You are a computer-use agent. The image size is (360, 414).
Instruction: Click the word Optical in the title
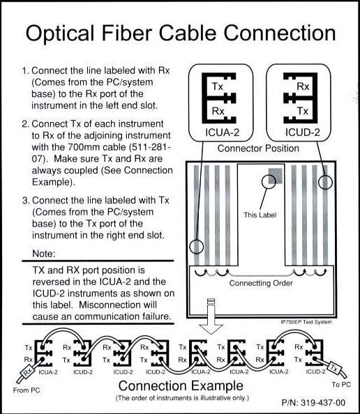pos(60,33)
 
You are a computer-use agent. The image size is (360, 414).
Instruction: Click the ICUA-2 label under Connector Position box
pos(223,132)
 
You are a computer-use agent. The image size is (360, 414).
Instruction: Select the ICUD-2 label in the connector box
pos(302,132)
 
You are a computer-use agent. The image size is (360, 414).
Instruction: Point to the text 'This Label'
pos(260,215)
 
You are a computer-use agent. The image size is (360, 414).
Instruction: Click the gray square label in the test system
pos(276,176)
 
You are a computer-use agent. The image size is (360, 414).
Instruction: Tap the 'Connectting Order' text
pos(261,283)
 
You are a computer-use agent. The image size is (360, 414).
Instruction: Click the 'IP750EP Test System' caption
pos(306,322)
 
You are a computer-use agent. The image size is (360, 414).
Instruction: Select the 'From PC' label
pos(27,390)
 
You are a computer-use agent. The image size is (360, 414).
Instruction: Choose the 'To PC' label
pos(341,385)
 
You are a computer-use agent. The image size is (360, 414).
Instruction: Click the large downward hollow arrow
pos(211,316)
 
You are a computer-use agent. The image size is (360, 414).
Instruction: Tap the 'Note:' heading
pos(44,254)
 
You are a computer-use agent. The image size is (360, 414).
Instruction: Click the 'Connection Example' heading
pos(181,385)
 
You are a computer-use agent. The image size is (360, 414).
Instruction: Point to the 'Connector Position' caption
pos(258,148)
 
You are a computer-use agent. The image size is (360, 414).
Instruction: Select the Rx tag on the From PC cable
pos(27,373)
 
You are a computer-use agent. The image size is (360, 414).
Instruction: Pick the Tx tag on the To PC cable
pos(334,368)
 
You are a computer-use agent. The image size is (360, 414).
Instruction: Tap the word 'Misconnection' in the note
pos(114,305)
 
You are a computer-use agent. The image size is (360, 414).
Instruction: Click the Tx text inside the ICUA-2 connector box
pos(218,86)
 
